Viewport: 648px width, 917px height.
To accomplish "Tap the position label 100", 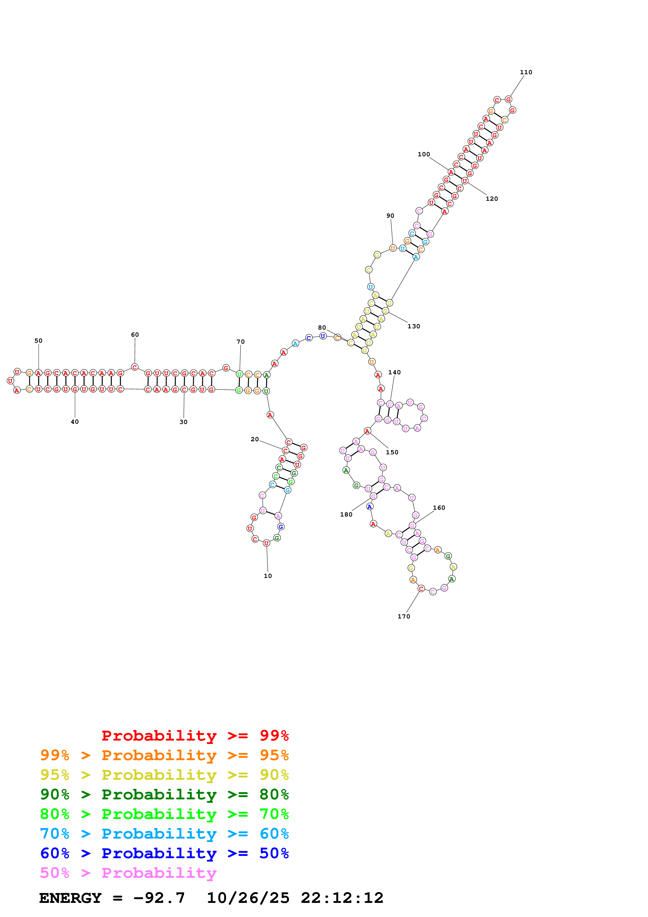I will tap(424, 154).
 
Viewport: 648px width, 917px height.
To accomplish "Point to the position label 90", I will tap(390, 216).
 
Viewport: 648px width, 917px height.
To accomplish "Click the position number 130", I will tap(414, 326).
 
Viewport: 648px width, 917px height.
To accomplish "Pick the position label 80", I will tap(322, 328).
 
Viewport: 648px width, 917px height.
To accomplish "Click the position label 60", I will tap(135, 335).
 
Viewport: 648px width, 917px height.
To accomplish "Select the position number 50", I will tap(38, 341).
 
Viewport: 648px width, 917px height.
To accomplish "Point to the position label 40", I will tap(75, 422).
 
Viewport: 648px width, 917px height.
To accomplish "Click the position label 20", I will tap(255, 439).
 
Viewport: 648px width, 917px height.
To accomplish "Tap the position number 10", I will tap(267, 576).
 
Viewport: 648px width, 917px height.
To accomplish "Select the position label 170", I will tap(404, 616).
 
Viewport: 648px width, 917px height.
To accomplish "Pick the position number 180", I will tap(346, 514).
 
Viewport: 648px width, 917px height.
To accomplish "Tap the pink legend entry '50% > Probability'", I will tap(128, 873).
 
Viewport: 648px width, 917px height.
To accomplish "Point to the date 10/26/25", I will tap(248, 898).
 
